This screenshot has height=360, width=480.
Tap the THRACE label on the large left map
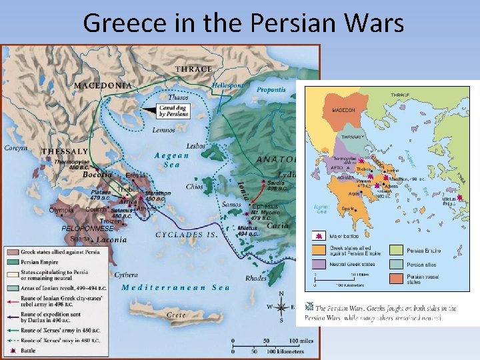[x=194, y=69]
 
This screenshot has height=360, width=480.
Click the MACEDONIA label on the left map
[x=102, y=85]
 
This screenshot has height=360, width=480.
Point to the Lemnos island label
[x=163, y=130]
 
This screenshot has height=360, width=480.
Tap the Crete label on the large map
[x=175, y=314]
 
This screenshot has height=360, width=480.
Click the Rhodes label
[x=255, y=278]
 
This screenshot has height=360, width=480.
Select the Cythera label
[x=126, y=275]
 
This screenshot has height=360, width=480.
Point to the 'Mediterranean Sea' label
[x=175, y=288]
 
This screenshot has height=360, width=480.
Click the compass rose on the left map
[x=281, y=307]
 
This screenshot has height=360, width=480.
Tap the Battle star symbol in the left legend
[x=11, y=349]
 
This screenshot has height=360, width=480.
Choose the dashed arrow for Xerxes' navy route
[x=11, y=340]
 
